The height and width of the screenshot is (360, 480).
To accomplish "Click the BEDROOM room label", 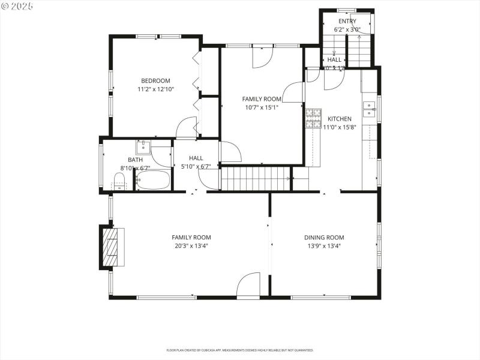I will coord(155,81).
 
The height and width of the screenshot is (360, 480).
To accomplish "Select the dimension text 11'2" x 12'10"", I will coord(155,89).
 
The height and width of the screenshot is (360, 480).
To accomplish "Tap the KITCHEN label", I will coord(339,119).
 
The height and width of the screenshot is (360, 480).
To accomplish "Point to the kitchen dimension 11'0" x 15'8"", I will coord(340,127).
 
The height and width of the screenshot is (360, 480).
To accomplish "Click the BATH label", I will coord(135,160).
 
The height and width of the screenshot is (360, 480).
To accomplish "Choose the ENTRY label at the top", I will coord(347,22).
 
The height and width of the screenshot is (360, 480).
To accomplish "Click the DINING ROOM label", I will coord(324,238).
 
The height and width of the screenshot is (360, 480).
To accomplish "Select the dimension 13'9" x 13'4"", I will coord(324,245).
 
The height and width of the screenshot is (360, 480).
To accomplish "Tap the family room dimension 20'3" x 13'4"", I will coord(191,245).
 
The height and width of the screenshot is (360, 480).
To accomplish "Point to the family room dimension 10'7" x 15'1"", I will coord(262,107).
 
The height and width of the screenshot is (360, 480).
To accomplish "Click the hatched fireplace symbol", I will coord(113,247).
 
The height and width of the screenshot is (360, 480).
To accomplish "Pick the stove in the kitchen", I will coord(313,118).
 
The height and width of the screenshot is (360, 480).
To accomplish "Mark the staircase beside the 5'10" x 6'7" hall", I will coord(256,178).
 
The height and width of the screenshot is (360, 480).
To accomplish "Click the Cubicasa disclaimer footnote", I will coord(239,350).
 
